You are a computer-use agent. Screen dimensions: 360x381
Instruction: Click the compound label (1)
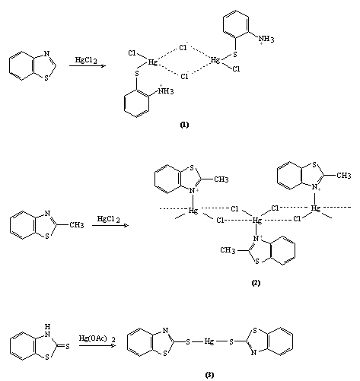pos(184,125)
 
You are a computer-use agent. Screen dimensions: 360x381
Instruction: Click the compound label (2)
pos(256,283)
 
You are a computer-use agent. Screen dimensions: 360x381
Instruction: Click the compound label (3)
pos(209,375)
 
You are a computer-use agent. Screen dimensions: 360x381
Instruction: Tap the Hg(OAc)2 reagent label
pos(97,338)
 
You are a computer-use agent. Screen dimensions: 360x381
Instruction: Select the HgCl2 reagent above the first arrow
pos(86,60)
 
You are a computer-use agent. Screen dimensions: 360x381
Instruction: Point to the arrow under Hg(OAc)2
pos(97,345)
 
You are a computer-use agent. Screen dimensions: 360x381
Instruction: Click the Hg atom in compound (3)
pos(209,341)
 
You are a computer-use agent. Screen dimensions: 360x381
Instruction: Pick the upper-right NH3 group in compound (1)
pos(266,40)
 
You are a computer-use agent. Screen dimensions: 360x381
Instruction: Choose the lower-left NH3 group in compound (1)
pos(166,90)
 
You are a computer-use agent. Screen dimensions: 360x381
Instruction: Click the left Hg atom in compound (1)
pos(153,62)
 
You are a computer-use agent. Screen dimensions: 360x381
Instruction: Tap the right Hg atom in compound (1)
pos(215,60)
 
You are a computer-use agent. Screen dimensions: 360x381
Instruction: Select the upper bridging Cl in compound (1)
pos(183,47)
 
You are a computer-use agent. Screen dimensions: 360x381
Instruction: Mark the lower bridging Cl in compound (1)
pos(184,76)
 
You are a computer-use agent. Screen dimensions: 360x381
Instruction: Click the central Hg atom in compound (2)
pos(256,221)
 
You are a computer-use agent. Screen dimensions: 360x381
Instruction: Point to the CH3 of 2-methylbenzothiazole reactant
pos(77,225)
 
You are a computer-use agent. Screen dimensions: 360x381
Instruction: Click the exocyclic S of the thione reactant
pos(68,346)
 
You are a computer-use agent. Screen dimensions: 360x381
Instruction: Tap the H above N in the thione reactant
pos(48,326)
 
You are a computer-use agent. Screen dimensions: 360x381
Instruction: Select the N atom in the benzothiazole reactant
pos(46,53)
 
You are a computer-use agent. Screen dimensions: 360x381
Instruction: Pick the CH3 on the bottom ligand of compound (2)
pos(228,250)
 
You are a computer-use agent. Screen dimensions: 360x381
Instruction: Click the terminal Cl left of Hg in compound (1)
pos(132,53)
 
